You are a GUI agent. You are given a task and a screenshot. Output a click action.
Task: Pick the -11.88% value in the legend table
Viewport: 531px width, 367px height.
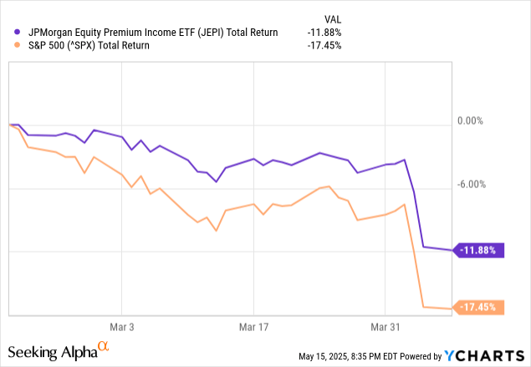point(326,33)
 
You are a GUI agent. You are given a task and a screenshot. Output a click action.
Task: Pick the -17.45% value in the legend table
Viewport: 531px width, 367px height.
point(326,46)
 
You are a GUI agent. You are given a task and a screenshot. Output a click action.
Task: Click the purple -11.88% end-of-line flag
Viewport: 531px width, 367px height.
point(480,250)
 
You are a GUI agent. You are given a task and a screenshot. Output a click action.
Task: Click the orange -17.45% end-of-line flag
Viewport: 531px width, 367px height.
point(480,308)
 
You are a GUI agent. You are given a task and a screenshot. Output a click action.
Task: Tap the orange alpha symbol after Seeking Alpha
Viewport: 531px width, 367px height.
point(104,344)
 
